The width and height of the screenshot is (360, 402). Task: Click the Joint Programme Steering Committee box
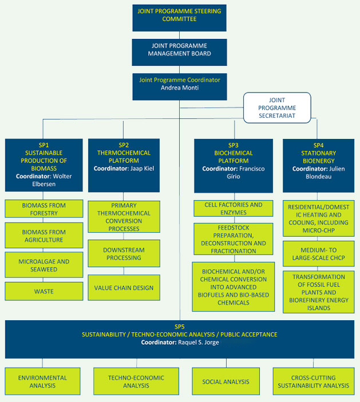179,15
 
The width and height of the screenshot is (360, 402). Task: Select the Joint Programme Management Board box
179,50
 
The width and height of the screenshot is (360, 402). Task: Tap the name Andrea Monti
179,88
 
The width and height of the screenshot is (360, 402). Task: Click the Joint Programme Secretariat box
277,108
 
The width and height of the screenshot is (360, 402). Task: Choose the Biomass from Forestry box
43,209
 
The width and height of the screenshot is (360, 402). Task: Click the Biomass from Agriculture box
43,236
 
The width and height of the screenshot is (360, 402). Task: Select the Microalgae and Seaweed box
43,265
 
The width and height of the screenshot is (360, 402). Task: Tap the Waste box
43,291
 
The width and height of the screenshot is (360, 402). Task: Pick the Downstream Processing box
124,254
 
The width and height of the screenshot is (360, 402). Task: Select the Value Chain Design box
124,288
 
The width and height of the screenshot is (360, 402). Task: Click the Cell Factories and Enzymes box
233,208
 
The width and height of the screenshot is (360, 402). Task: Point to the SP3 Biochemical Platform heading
233,153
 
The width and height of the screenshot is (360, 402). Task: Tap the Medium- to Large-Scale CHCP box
318,254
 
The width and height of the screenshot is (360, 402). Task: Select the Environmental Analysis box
42,381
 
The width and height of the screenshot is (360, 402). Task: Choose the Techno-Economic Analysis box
136,381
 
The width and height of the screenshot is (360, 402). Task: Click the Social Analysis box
226,381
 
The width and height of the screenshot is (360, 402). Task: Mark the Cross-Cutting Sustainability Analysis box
313,381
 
